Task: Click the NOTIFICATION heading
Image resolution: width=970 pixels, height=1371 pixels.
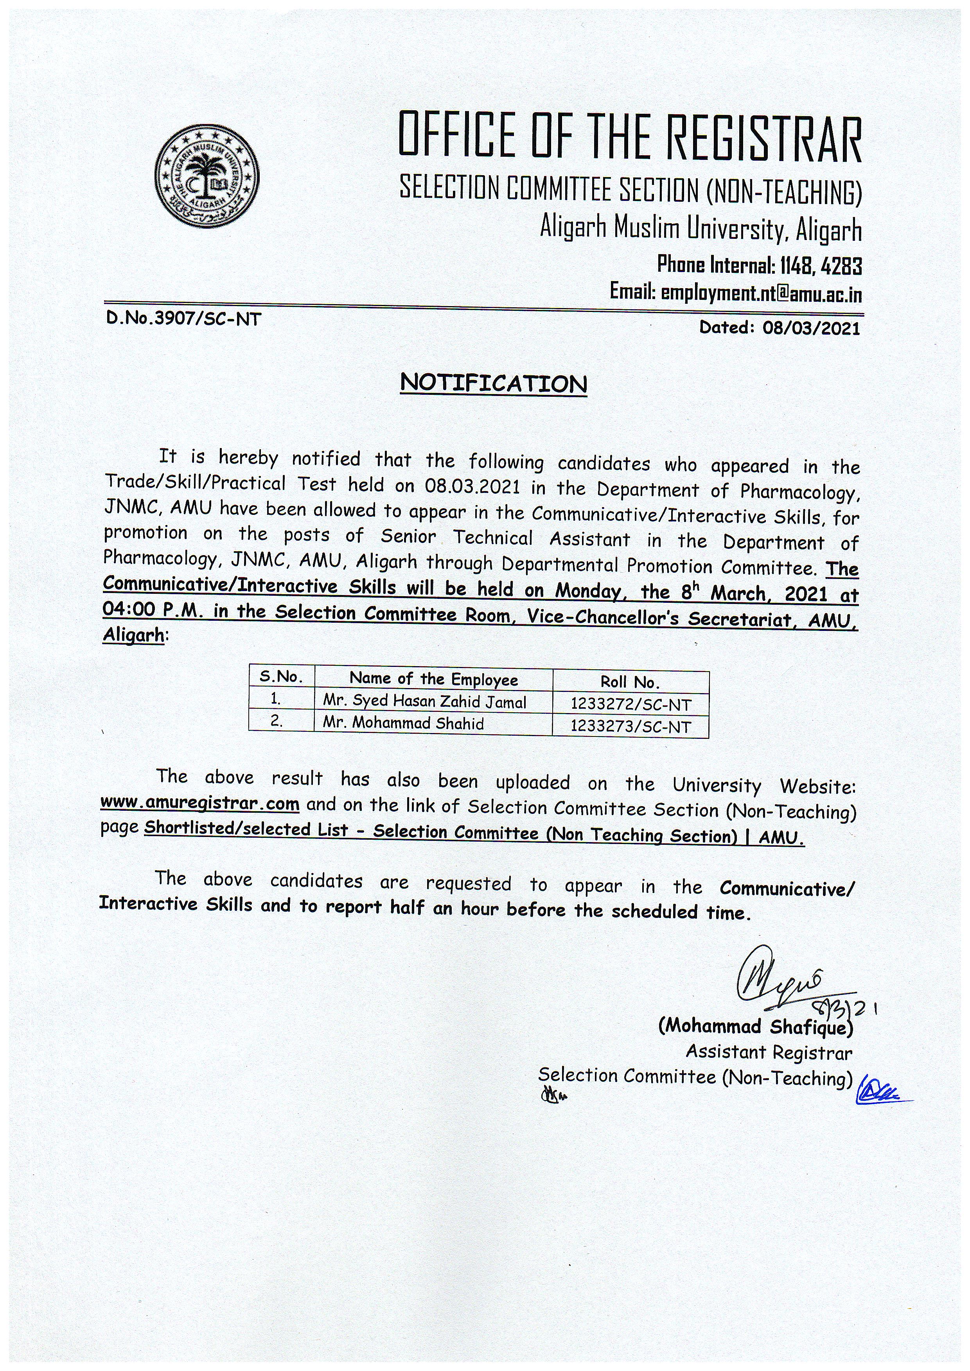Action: coord(493,384)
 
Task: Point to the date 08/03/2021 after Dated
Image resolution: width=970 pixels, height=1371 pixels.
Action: coord(811,328)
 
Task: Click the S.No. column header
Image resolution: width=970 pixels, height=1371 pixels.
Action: coord(281,677)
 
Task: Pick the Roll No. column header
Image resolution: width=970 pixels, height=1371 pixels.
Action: coord(630,682)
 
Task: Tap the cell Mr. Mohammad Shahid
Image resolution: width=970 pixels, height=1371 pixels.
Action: coord(403,723)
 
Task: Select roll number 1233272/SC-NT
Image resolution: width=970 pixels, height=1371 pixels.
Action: coord(630,704)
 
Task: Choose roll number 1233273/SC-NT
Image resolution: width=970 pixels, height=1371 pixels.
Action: coord(630,727)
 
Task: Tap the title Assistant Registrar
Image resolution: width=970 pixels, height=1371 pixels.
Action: coord(769,1052)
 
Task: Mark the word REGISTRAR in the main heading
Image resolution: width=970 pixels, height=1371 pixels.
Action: coord(764,138)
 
